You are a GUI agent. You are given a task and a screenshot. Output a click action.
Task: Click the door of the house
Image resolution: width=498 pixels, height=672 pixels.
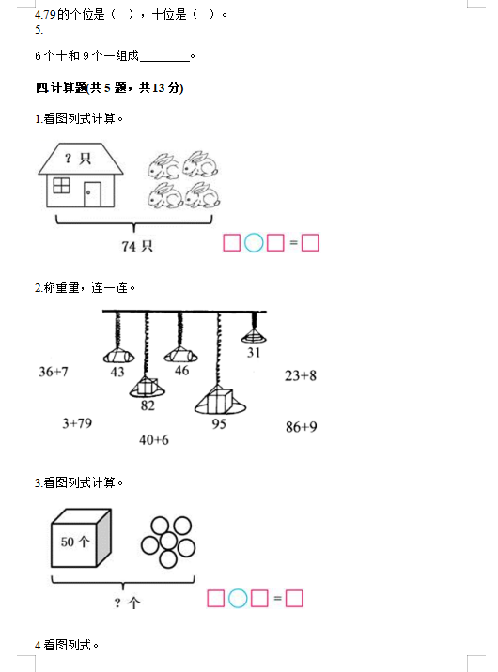tap(92, 194)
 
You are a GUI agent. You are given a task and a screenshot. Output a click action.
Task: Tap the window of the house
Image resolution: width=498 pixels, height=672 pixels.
tap(61, 186)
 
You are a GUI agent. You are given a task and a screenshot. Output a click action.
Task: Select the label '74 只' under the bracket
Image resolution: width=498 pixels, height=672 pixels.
tap(137, 246)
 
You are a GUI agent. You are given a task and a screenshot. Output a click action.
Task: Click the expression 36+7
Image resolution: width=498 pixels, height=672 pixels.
tap(54, 372)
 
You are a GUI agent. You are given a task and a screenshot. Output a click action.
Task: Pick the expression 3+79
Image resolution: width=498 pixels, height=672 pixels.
tap(77, 423)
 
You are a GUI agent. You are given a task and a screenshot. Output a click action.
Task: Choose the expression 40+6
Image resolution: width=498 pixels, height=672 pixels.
tap(154, 440)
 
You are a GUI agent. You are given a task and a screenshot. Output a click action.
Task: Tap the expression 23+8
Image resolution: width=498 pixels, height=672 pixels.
tap(301, 375)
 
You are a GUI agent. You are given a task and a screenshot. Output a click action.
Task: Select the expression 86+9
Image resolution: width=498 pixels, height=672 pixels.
tap(302, 427)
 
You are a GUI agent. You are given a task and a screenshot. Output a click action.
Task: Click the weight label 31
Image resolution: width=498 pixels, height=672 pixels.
tap(254, 352)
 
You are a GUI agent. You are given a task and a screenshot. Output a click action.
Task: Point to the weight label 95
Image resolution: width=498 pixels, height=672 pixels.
tap(219, 424)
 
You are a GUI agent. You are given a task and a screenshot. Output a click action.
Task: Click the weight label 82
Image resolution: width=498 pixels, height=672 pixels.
tap(148, 405)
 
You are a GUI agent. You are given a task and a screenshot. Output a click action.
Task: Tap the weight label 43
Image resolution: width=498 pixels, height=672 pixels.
tap(117, 372)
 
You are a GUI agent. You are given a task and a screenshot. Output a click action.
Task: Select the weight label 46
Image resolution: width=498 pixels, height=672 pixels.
tap(182, 371)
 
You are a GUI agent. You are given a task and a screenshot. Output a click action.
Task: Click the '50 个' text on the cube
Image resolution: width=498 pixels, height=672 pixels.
tap(75, 542)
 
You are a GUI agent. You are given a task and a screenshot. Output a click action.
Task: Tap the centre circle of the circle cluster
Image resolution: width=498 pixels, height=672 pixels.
tap(167, 542)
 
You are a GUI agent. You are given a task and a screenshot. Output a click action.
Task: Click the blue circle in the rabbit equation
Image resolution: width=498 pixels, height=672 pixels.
tap(254, 242)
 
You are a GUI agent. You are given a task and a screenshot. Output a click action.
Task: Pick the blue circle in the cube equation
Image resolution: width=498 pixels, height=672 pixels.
tap(238, 598)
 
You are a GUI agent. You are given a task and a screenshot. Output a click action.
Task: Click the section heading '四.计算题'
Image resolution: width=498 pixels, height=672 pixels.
tap(61, 88)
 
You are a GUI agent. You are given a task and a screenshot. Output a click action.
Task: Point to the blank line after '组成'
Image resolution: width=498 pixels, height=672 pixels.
tap(165, 61)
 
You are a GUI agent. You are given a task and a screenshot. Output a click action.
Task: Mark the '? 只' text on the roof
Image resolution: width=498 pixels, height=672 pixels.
tap(78, 159)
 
